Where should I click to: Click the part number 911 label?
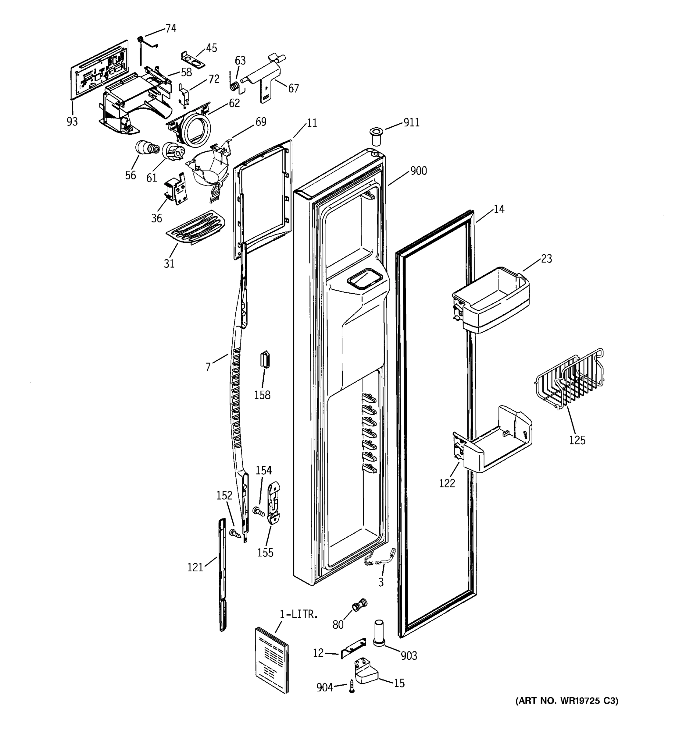[412, 122]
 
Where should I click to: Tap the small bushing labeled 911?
[376, 136]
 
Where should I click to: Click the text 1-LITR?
[298, 614]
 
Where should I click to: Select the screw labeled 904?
[352, 687]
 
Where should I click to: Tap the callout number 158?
[262, 395]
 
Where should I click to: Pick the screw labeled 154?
[259, 511]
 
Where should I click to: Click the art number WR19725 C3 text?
[567, 701]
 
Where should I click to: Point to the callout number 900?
[418, 171]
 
